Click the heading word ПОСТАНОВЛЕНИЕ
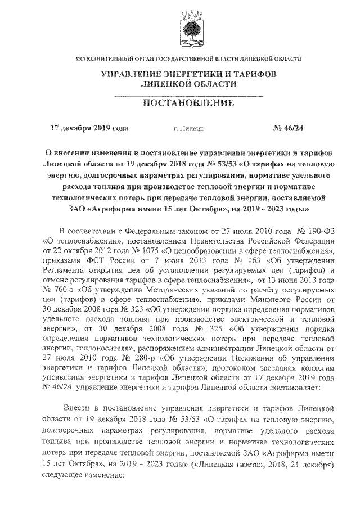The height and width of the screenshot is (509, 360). click(x=181, y=104)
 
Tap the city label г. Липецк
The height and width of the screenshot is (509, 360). click(x=188, y=129)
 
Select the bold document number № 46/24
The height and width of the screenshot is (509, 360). click(x=287, y=128)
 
